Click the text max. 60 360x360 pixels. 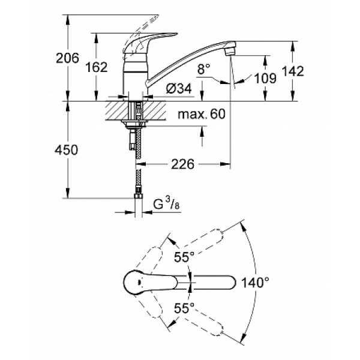[201, 115]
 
